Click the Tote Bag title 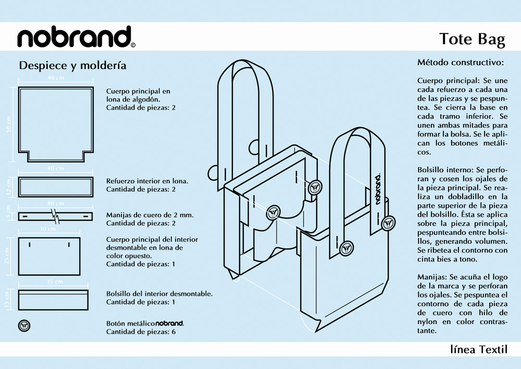pos(472,40)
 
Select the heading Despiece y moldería pos(72,66)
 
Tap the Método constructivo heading pos(460,63)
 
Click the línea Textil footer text pos(478,349)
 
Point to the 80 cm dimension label pos(56,204)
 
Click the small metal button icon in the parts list pos(24,325)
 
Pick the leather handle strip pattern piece pos(56,216)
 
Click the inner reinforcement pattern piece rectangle pos(56,186)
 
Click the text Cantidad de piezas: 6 pos(141,331)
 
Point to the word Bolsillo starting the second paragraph pos(431,171)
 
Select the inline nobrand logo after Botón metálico pos(169,324)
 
